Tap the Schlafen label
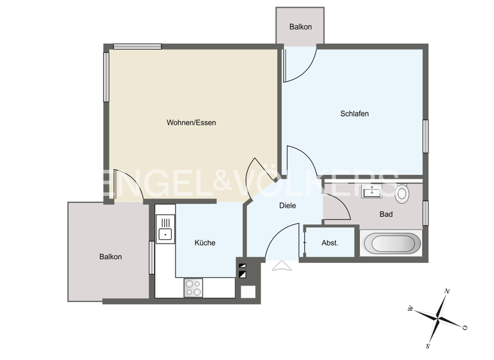click(354, 114)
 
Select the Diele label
click(287, 206)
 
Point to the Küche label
click(205, 243)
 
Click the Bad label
click(386, 214)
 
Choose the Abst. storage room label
click(330, 243)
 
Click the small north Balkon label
click(300, 27)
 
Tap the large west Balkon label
click(110, 256)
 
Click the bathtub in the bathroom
click(392, 244)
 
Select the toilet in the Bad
click(402, 192)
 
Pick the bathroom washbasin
click(371, 191)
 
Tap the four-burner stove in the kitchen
click(194, 287)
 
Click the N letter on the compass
click(447, 292)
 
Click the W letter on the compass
click(410, 309)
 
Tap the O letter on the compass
click(464, 327)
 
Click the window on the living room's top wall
click(137, 46)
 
